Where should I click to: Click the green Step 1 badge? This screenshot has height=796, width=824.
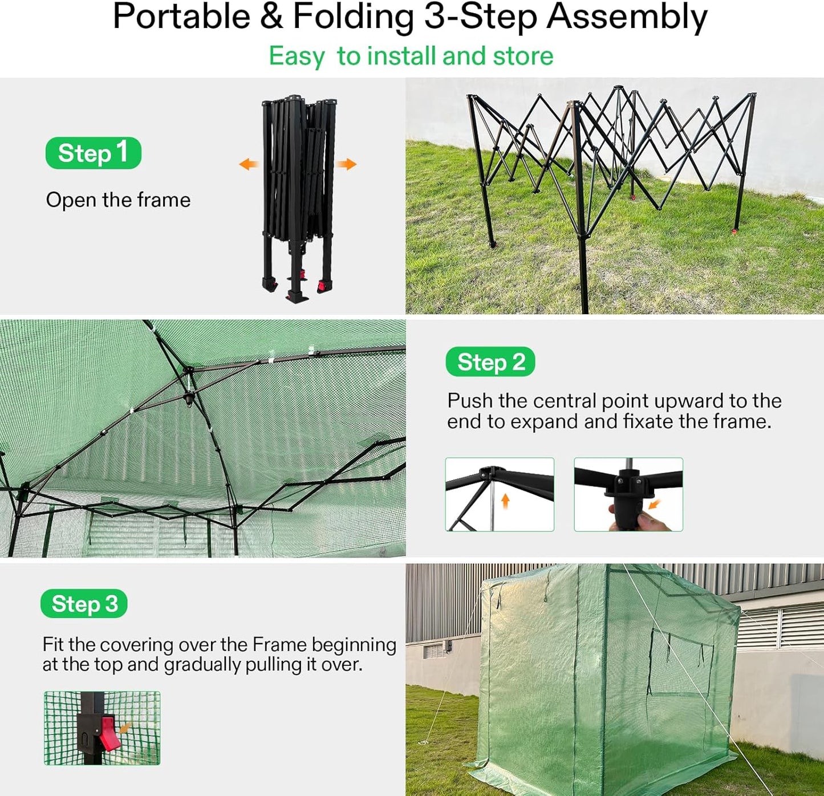[x=93, y=153]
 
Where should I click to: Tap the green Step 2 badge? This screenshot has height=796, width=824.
[x=490, y=362]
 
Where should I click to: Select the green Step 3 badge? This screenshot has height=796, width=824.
[x=84, y=603]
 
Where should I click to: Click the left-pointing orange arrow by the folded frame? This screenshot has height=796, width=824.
[x=248, y=165]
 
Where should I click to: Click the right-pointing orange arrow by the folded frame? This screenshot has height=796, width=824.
[x=346, y=165]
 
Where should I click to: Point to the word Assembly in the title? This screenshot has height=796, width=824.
[x=627, y=17]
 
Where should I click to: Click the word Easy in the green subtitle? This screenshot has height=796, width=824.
[x=297, y=56]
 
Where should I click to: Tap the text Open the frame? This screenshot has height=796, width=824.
[x=118, y=200]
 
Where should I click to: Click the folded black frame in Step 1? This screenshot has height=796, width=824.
[x=298, y=194]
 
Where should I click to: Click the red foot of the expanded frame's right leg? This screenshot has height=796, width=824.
[x=733, y=232]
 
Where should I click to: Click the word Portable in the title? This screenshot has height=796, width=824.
[x=181, y=17]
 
